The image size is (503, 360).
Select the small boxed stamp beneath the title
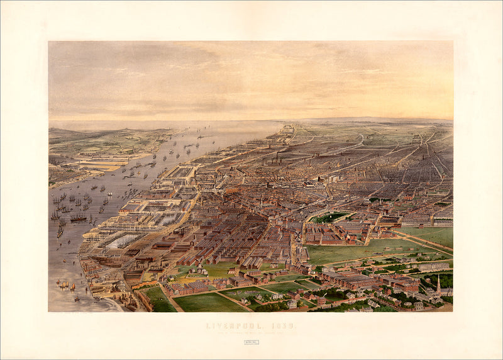(x=251, y=342)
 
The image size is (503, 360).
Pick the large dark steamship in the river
(x=78, y=218)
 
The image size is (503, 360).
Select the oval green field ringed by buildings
(x=329, y=217)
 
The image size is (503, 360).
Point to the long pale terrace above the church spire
(x=434, y=267)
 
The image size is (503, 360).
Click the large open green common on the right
(x=358, y=252)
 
